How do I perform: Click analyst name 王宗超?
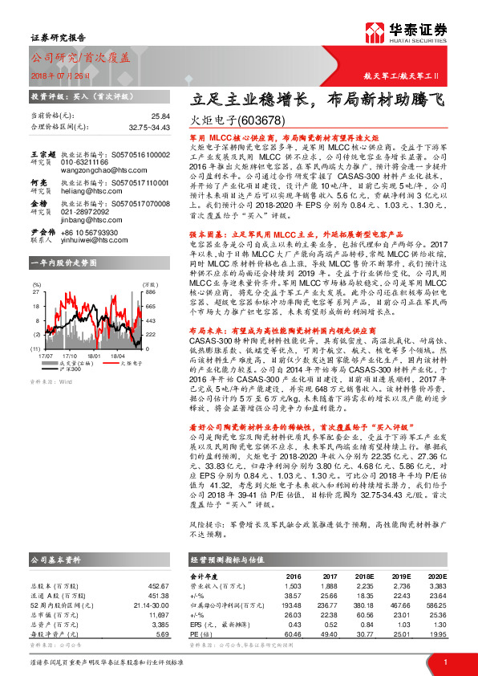pyautogui.click(x=42, y=153)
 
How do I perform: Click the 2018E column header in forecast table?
pyautogui.click(x=363, y=576)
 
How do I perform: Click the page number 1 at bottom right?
pyautogui.click(x=444, y=661)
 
